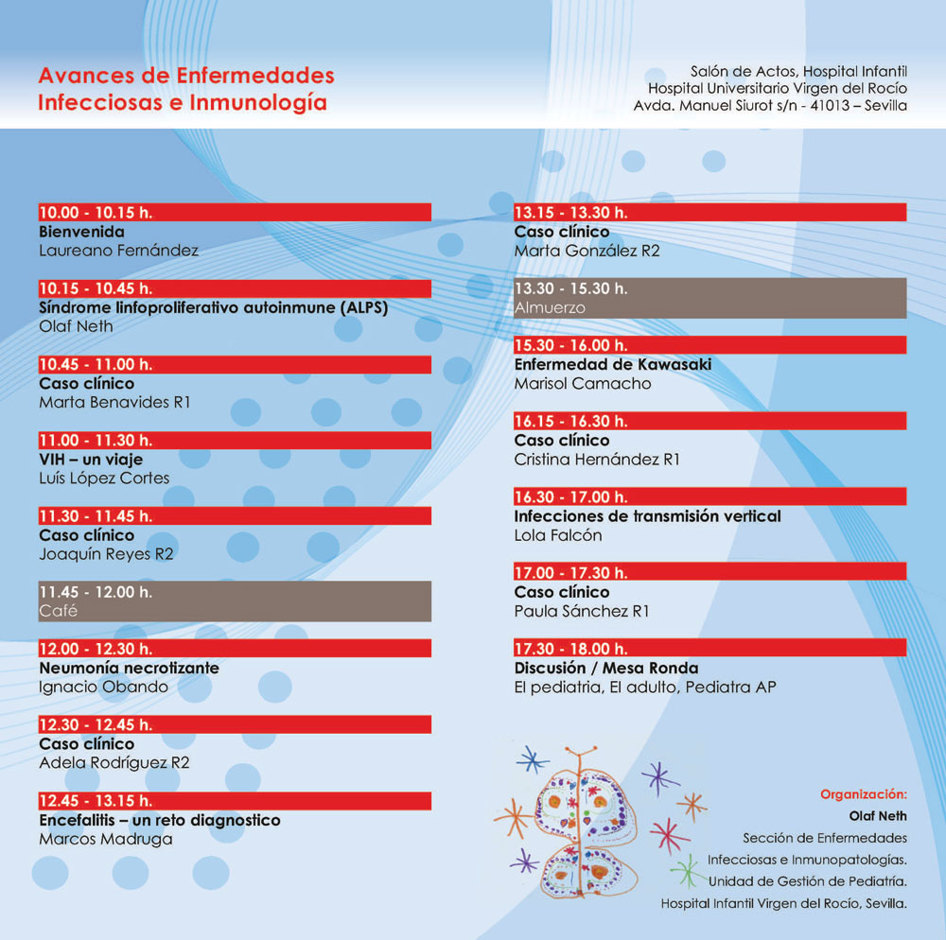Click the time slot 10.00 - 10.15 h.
pyautogui.click(x=95, y=213)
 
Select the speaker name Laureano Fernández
pyautogui.click(x=118, y=251)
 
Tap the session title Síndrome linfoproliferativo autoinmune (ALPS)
pyautogui.click(x=214, y=307)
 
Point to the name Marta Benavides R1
pyautogui.click(x=114, y=402)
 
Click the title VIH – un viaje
pyautogui.click(x=90, y=459)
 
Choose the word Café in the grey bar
pyautogui.click(x=58, y=611)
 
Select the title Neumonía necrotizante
pyautogui.click(x=129, y=668)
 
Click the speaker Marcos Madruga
pyautogui.click(x=105, y=838)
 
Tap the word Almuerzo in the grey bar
pyautogui.click(x=550, y=307)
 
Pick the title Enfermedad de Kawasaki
pyautogui.click(x=612, y=364)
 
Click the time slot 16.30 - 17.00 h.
pyautogui.click(x=570, y=496)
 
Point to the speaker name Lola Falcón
pyautogui.click(x=558, y=535)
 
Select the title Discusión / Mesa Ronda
pyautogui.click(x=605, y=668)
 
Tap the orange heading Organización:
pyautogui.click(x=863, y=794)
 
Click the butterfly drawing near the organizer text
pyautogui.click(x=581, y=822)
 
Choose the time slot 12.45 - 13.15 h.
pyautogui.click(x=95, y=800)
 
